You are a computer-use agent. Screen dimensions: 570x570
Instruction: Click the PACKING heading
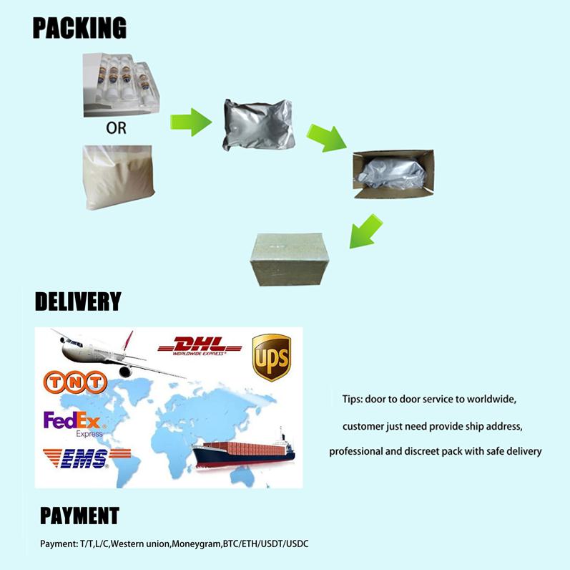point(79,28)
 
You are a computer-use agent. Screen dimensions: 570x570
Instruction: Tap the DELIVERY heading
point(78,301)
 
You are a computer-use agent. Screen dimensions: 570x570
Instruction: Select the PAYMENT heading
point(79,516)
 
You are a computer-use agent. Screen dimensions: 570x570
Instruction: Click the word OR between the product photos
point(117,128)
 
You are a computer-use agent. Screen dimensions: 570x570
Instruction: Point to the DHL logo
point(200,346)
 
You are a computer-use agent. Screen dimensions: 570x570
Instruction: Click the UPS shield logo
point(272,357)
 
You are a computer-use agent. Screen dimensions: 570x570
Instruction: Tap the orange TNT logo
point(75,382)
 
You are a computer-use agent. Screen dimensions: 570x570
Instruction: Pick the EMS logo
point(87,458)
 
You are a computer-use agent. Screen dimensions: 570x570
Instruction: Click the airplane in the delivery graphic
point(117,354)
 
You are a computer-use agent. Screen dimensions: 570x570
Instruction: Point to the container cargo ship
point(244,450)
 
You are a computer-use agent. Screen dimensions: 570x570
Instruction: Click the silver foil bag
point(258,125)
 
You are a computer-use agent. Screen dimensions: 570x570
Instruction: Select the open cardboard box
point(393,174)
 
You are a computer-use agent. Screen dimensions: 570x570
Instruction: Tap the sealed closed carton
point(290,259)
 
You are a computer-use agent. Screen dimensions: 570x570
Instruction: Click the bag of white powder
point(119,178)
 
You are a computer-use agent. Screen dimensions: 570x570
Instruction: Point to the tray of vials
point(121,84)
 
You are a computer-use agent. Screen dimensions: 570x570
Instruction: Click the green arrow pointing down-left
point(365,231)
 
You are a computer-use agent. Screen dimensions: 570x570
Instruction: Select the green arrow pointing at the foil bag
point(191,122)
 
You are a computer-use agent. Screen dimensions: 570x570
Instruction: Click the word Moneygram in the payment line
point(196,544)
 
